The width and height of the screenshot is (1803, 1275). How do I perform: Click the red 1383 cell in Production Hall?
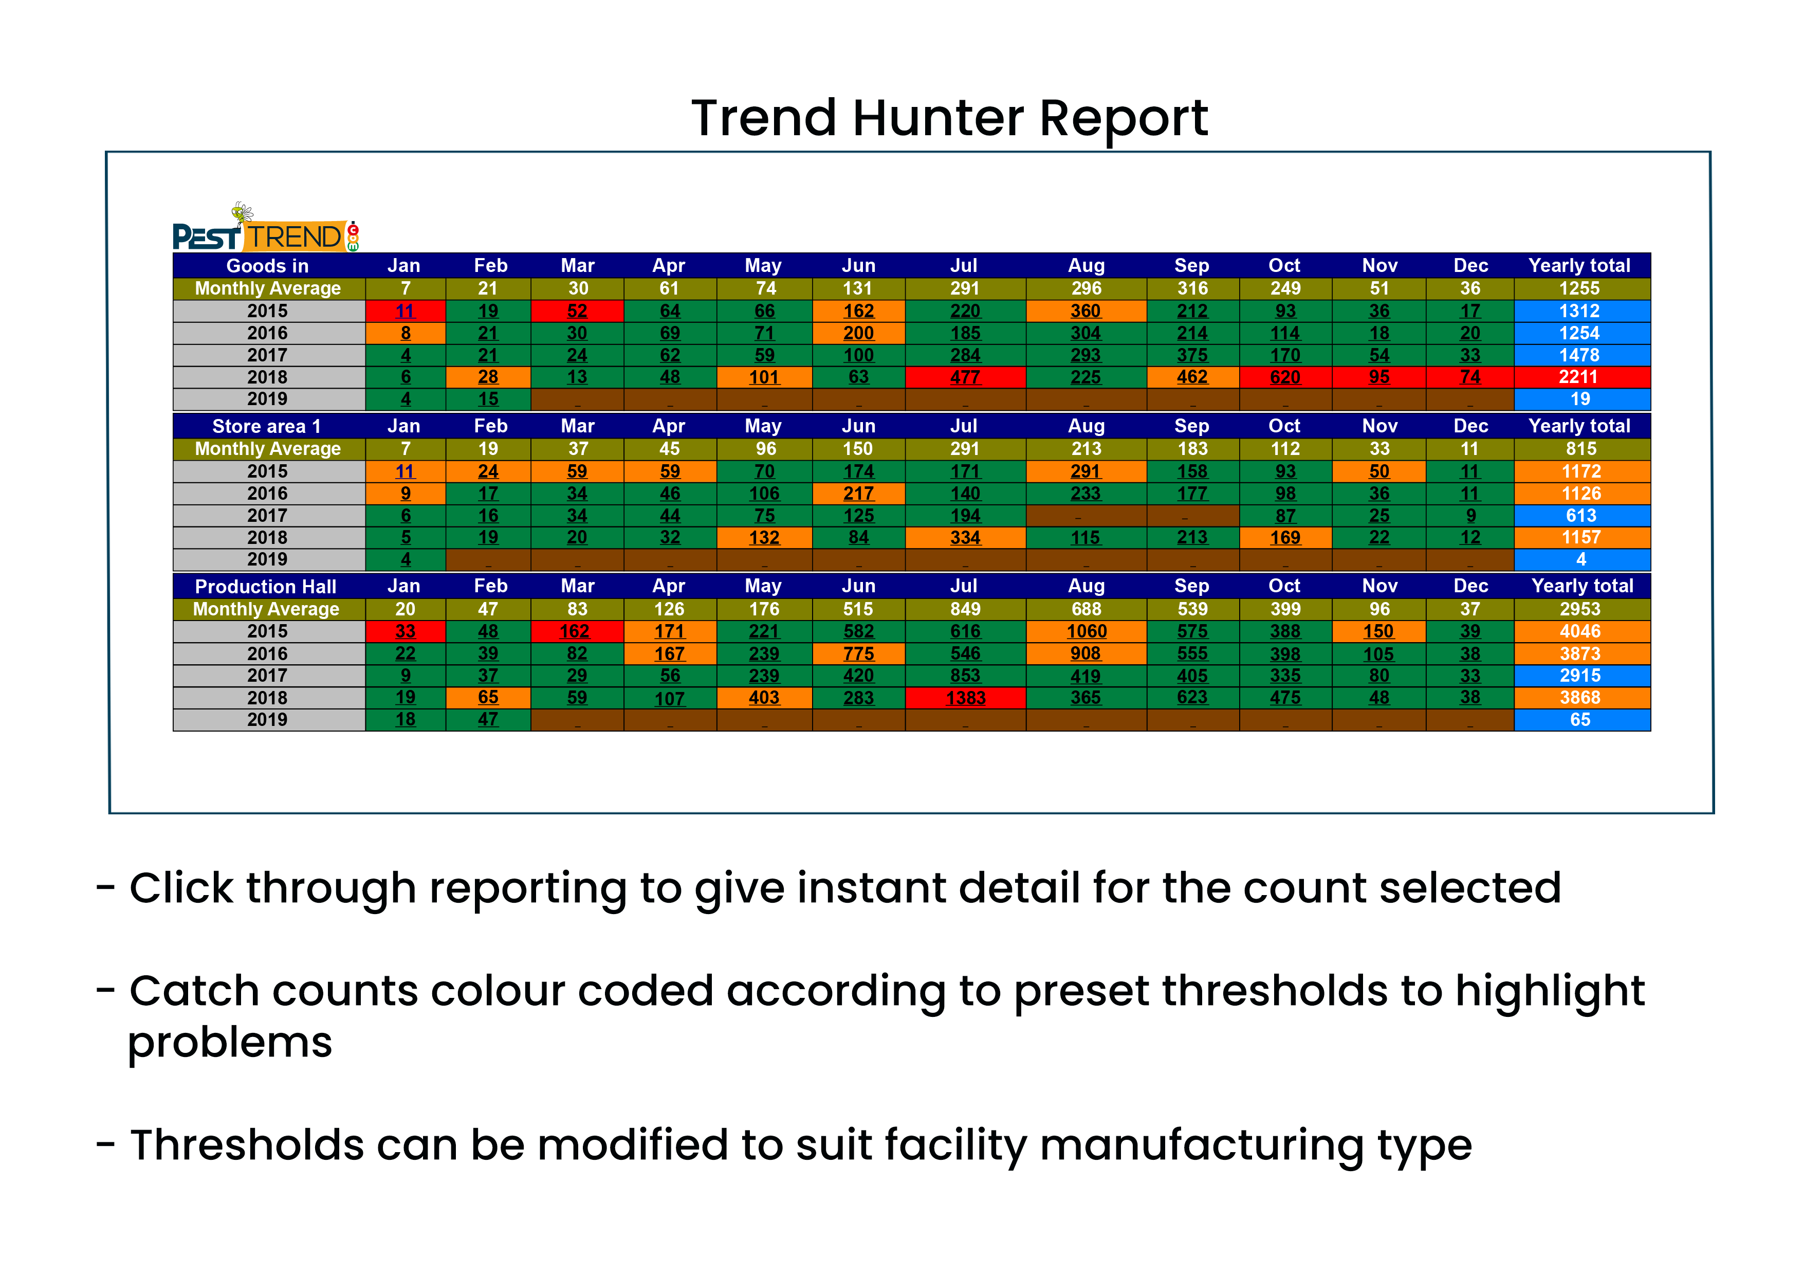click(965, 698)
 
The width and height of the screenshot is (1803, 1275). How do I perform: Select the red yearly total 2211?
click(1581, 377)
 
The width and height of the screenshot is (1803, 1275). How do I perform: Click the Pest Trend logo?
click(265, 228)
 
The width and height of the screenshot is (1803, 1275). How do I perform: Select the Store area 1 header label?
click(267, 427)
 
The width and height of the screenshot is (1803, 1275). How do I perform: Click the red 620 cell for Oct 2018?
click(1285, 377)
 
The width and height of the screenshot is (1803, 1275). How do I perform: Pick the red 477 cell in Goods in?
click(965, 377)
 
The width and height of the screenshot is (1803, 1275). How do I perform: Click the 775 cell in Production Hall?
click(858, 653)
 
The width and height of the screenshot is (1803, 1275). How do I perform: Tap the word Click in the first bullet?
click(181, 888)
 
